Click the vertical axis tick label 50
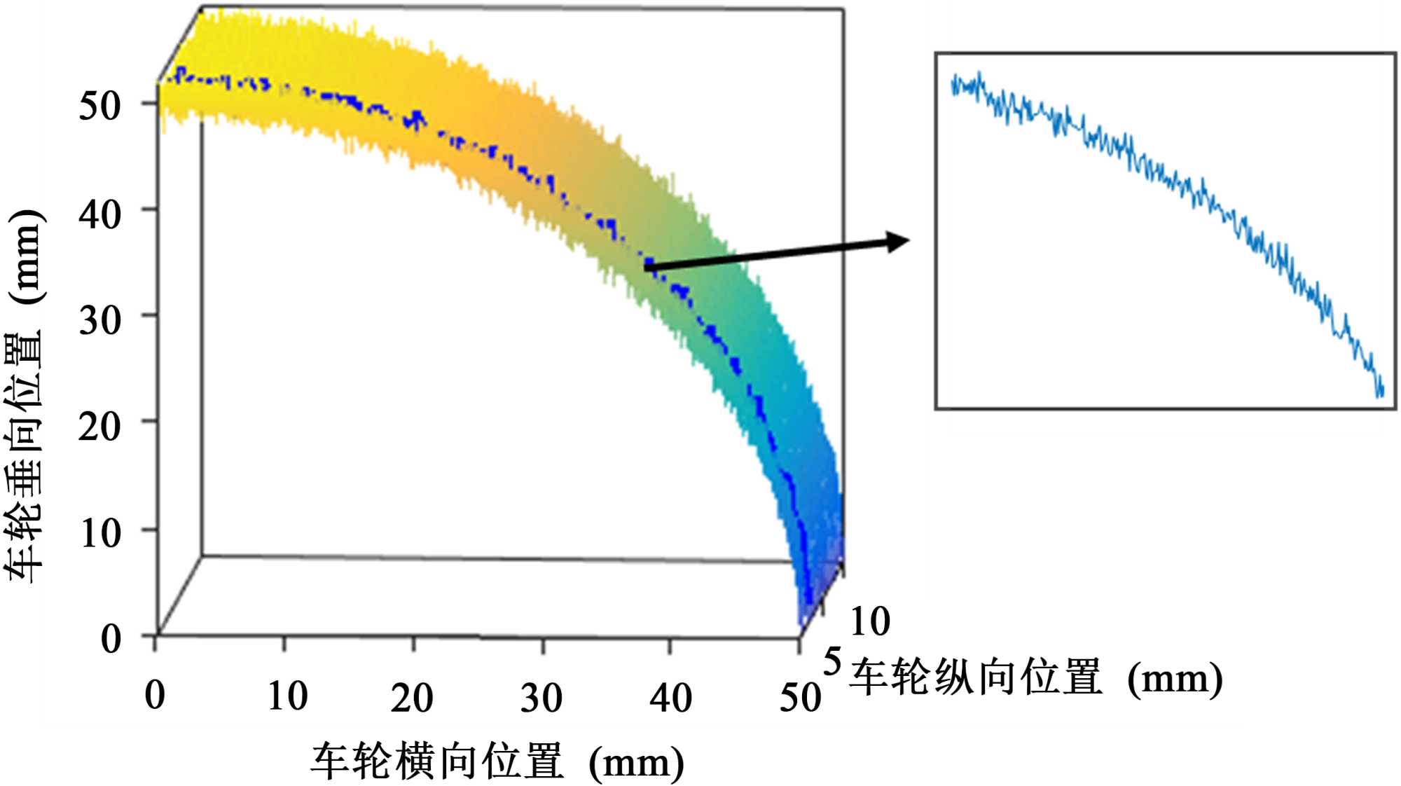[x=99, y=106]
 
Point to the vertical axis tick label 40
[x=99, y=214]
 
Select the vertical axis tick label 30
[x=99, y=321]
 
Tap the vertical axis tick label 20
[x=99, y=427]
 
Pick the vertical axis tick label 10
[x=99, y=533]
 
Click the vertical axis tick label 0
[x=111, y=639]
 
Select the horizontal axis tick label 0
[x=155, y=696]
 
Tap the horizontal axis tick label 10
[x=287, y=696]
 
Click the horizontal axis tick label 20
[x=412, y=698]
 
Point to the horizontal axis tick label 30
[x=541, y=698]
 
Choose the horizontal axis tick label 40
[x=670, y=698]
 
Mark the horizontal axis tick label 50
[x=800, y=698]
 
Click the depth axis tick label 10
[x=869, y=621]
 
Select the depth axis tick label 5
[x=831, y=661]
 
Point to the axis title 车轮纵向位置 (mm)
[x=1035, y=678]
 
